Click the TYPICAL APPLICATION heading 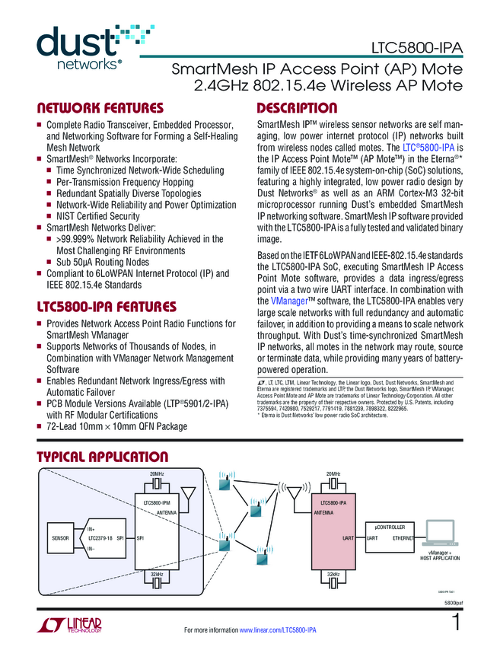pos(103,457)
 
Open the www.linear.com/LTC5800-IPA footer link pos(277,631)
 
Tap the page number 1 pos(456,622)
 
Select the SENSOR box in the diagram pos(60,538)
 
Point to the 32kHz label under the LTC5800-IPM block pos(157,574)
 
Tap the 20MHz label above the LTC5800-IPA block pos(333,474)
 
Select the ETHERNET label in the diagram pos(403,538)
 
